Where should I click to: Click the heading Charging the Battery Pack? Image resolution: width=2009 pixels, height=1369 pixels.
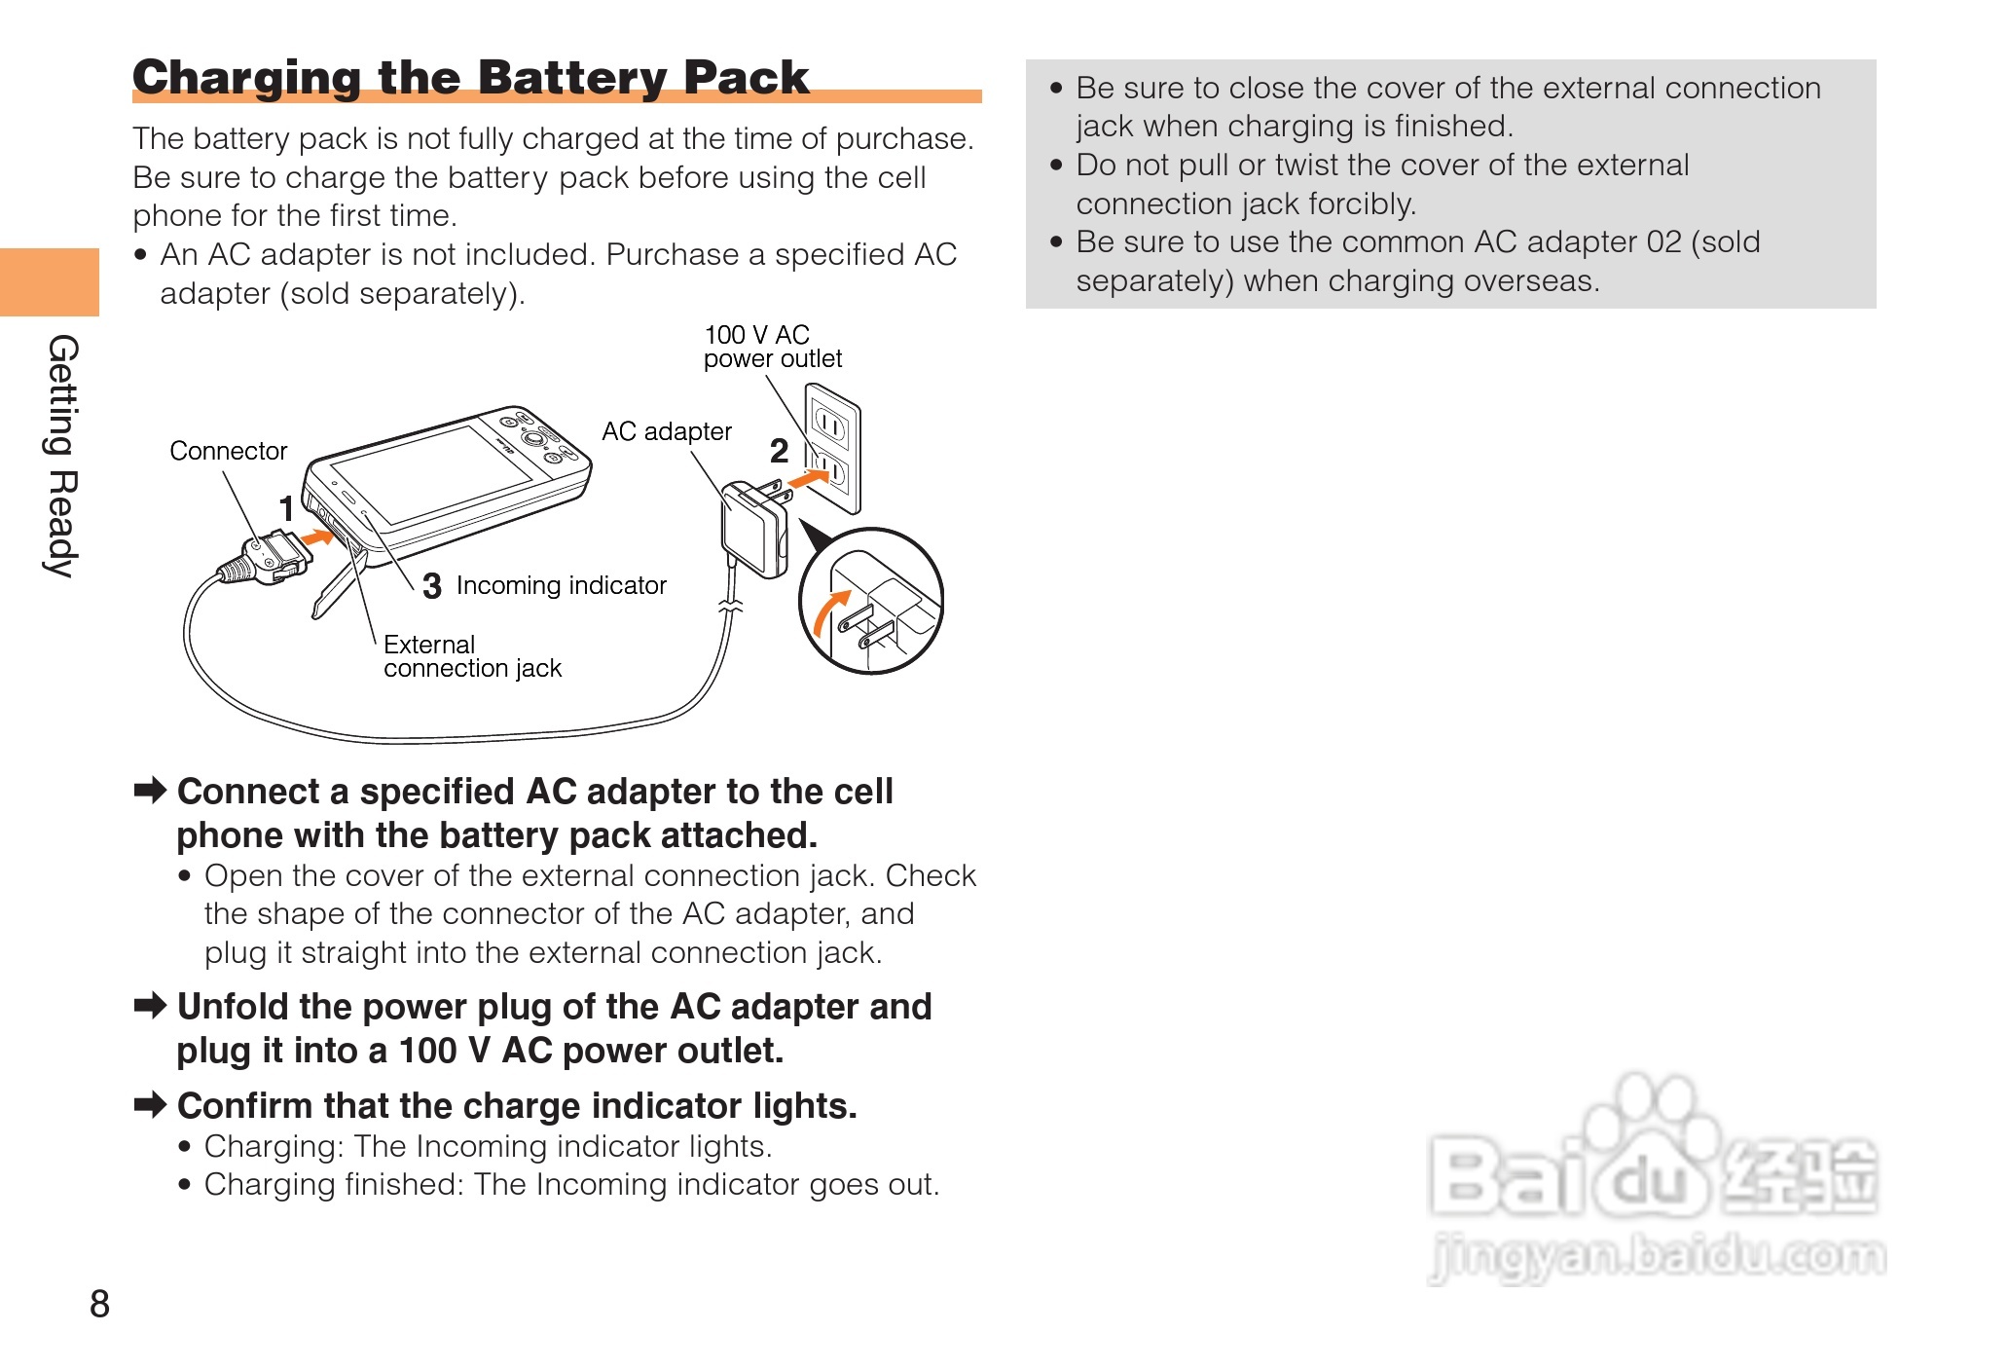(470, 77)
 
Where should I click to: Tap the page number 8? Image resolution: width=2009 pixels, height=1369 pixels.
(99, 1304)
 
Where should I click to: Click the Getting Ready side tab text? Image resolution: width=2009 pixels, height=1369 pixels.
(62, 456)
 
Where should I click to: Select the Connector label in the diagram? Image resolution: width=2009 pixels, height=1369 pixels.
(228, 451)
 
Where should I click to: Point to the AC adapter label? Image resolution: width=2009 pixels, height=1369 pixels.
(666, 431)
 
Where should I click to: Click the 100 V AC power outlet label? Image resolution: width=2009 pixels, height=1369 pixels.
(772, 347)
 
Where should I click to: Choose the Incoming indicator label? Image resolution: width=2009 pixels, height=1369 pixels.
(561, 585)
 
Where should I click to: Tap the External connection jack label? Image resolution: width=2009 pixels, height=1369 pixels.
(472, 656)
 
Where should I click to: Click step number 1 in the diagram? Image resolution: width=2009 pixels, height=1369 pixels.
(286, 508)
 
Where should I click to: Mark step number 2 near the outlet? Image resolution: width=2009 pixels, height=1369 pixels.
(779, 451)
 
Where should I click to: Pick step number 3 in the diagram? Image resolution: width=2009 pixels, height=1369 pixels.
(432, 586)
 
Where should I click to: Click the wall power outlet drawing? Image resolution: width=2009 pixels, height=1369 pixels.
(833, 447)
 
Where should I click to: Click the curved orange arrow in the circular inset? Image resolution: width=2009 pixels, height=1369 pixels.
(828, 613)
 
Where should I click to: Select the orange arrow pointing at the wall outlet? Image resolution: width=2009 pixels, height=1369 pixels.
(809, 478)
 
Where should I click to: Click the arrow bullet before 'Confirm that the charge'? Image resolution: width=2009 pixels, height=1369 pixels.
(151, 1104)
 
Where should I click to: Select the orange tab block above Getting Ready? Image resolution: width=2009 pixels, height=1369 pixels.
(50, 282)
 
